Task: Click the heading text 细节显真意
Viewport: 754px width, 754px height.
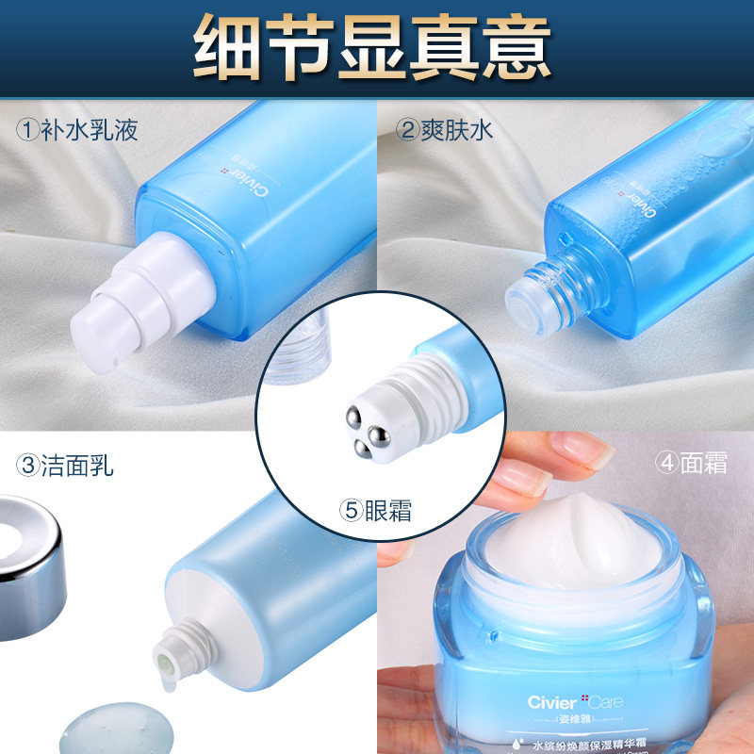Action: coord(372,47)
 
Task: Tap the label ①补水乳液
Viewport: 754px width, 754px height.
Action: coord(77,129)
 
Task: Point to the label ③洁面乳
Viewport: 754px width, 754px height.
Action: coord(65,464)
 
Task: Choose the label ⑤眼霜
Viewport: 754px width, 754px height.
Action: coord(376,512)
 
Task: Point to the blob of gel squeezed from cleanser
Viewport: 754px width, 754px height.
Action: coord(113,730)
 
